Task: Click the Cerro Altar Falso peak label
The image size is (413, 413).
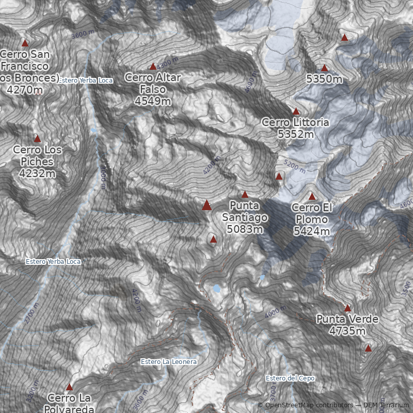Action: pos(152,89)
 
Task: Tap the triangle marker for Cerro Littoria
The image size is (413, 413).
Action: pos(296,111)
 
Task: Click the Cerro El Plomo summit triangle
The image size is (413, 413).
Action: pos(312,197)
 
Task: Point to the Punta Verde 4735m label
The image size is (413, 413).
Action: pos(347,325)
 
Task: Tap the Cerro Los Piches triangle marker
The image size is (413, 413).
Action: pos(37,138)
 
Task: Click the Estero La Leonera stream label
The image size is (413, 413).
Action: pos(168,362)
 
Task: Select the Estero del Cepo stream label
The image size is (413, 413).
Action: pos(290,378)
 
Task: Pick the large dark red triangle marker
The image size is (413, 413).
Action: pos(206,205)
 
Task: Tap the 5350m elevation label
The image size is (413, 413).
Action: pos(324,79)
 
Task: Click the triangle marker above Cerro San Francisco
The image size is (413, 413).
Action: pos(25,43)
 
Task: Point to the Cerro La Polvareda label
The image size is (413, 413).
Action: pos(69,403)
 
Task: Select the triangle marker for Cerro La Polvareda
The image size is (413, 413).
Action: pos(69,387)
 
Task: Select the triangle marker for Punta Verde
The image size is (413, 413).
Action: pos(347,308)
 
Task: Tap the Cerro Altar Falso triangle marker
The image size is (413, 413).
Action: pos(153,67)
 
